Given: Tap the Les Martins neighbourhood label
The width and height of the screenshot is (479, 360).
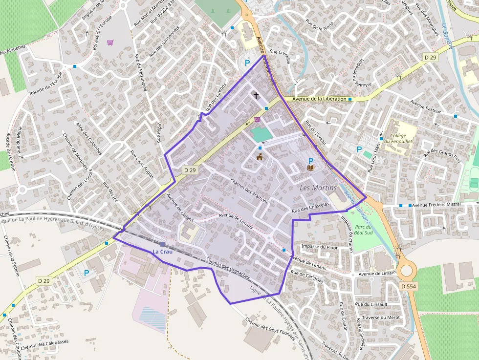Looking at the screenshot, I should pyautogui.click(x=318, y=188).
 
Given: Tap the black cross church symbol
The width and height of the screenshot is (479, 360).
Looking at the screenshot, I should pyautogui.click(x=255, y=95).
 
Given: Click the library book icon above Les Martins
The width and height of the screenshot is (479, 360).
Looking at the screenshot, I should pyautogui.click(x=310, y=168).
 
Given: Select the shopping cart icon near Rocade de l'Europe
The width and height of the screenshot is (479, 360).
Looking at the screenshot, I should pyautogui.click(x=110, y=42).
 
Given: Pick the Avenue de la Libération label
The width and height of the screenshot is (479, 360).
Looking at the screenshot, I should pyautogui.click(x=320, y=99).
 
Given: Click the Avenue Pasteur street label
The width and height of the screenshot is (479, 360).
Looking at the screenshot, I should pyautogui.click(x=425, y=107).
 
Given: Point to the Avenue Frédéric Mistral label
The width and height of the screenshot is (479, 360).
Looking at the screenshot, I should pyautogui.click(x=443, y=205).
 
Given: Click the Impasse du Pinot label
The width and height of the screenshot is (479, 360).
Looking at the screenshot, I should pyautogui.click(x=320, y=247).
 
